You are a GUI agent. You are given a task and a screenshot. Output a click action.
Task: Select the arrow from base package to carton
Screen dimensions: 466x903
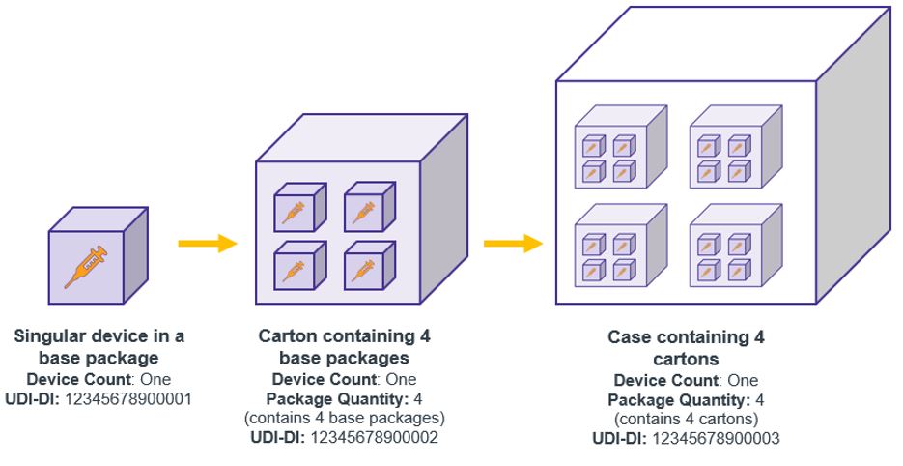(x=207, y=243)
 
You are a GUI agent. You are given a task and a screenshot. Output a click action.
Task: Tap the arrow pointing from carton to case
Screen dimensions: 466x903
(x=512, y=243)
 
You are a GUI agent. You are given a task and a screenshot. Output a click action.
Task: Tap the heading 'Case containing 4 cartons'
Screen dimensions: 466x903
(x=685, y=348)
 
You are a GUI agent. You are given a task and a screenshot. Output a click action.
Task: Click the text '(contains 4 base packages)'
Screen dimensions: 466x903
(x=344, y=418)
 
